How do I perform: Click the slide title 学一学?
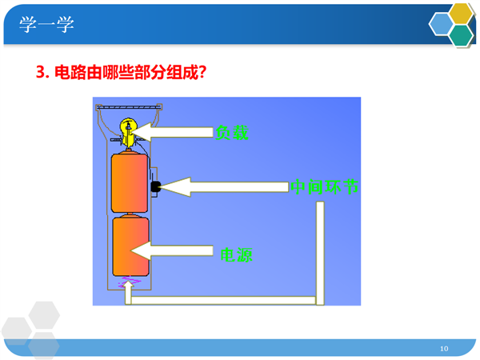pos(46,24)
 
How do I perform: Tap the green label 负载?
pos(232,133)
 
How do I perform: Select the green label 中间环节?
pos(324,186)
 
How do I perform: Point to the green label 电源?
pos(236,254)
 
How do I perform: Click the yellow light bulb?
pos(128,132)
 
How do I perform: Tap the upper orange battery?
pos(130,182)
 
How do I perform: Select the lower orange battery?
pos(130,246)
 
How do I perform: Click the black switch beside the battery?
pos(156,186)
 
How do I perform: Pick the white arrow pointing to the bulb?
pos(172,132)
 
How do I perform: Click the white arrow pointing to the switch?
pos(224,187)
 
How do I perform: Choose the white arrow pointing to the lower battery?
pos(172,250)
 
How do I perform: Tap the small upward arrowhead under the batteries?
pos(128,285)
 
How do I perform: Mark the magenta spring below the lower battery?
pos(130,281)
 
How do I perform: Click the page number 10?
pos(444,348)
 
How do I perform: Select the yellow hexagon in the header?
pos(461,14)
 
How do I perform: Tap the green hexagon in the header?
pos(461,35)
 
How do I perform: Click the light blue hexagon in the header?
pos(441,24)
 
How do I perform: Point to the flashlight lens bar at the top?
pos(129,107)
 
